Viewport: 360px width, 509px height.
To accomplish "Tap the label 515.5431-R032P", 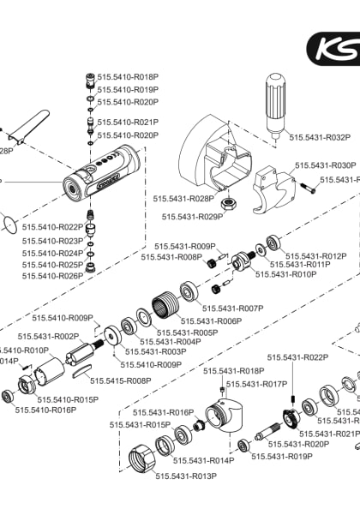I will click(x=320, y=137).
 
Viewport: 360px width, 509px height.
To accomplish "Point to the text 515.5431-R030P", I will click(x=325, y=165).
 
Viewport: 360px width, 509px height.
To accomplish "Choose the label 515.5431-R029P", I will click(x=193, y=218).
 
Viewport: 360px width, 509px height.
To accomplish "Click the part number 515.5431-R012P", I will click(x=316, y=256).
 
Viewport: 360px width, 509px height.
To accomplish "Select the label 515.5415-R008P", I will click(x=121, y=380).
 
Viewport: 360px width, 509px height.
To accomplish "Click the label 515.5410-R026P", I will click(x=52, y=276).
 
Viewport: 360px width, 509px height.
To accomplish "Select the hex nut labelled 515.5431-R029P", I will click(x=229, y=205).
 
